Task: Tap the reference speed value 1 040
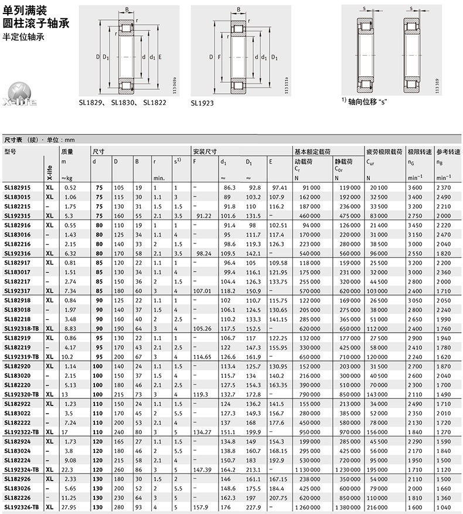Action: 444,507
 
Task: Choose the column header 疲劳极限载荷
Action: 384,151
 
